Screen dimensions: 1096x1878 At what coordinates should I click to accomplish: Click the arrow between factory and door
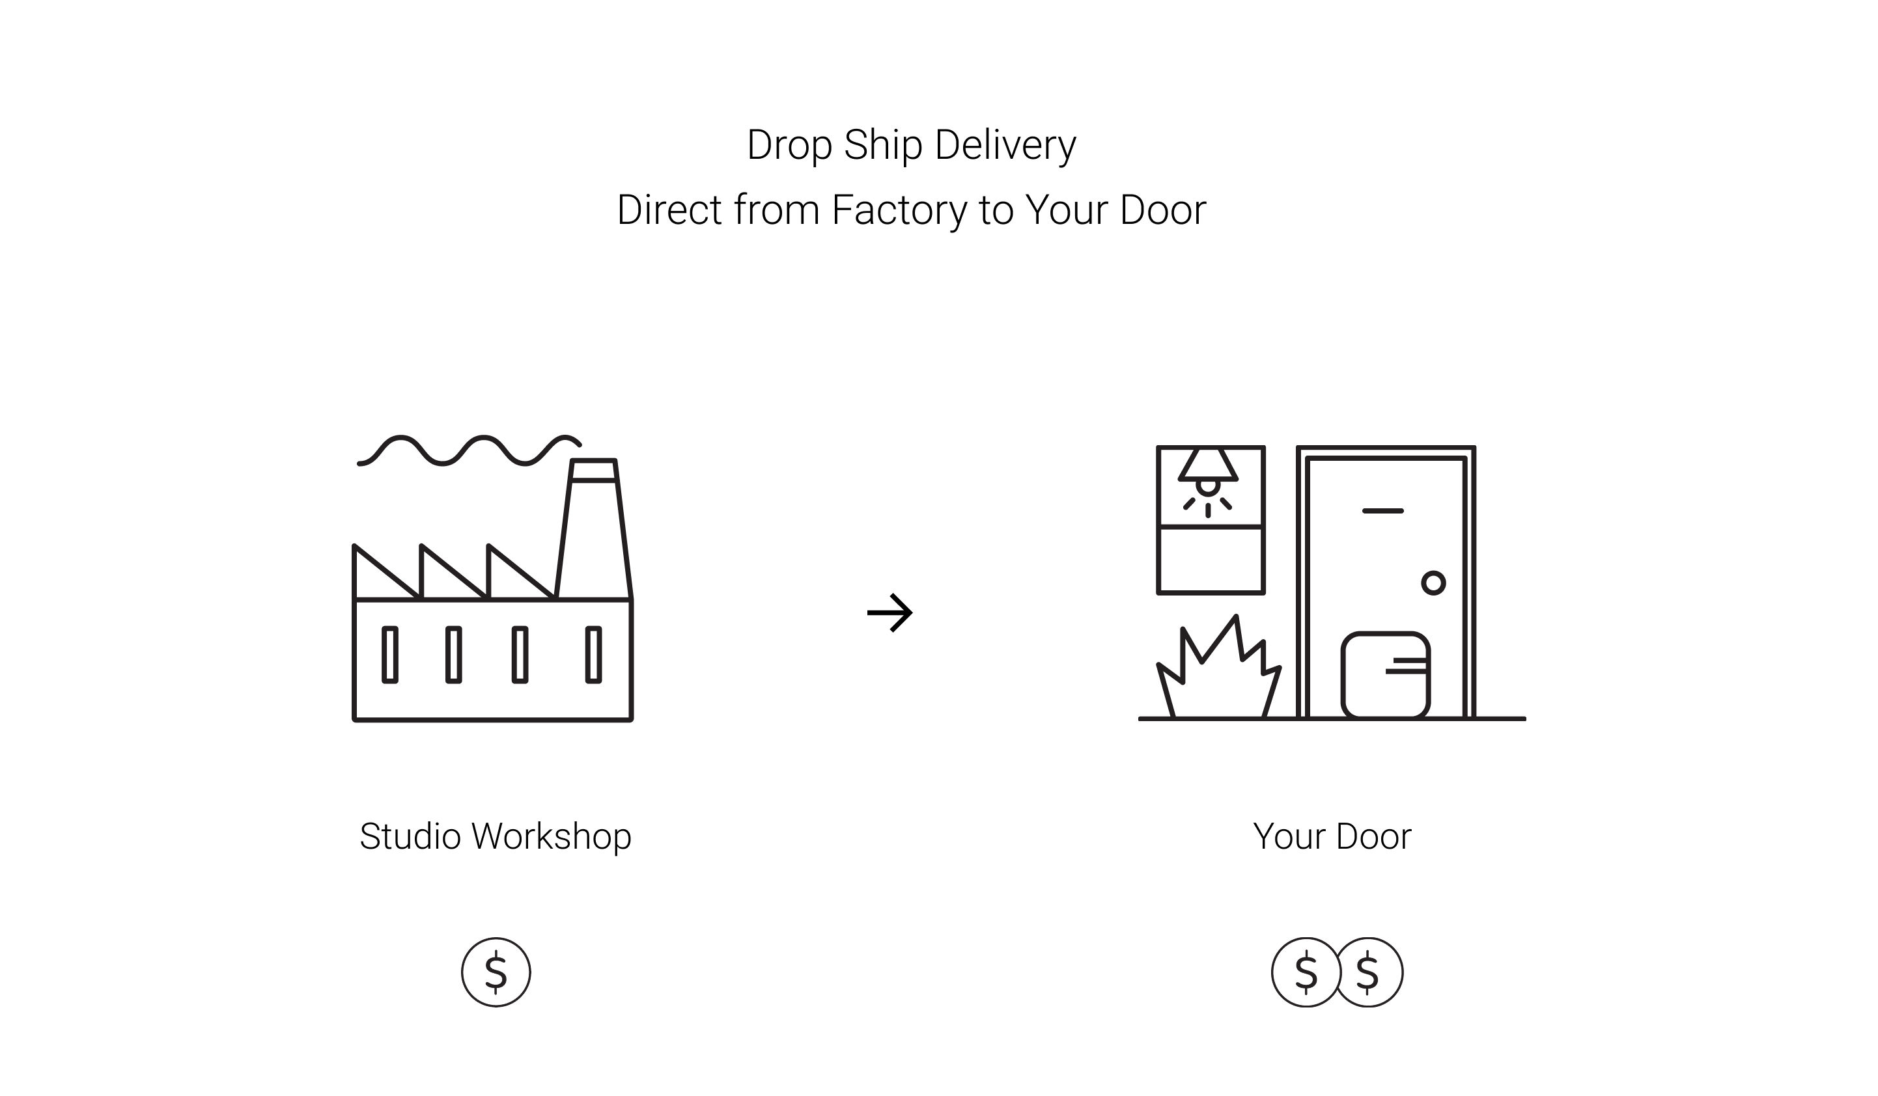(x=890, y=612)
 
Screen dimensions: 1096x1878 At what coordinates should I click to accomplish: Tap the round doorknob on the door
(x=1433, y=582)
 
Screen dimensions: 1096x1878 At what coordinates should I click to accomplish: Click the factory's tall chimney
(x=594, y=529)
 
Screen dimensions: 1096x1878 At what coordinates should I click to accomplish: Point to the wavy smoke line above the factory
(x=470, y=450)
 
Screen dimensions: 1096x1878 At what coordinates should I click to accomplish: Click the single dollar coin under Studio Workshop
(x=496, y=972)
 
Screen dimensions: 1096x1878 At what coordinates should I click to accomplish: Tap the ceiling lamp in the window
(x=1208, y=469)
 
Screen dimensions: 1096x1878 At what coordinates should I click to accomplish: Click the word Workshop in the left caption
(x=552, y=837)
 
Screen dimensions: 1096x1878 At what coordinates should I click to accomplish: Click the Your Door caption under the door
(x=1332, y=837)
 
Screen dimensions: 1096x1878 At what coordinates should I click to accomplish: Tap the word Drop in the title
(x=789, y=145)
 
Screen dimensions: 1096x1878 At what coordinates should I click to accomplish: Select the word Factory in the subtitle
(x=899, y=210)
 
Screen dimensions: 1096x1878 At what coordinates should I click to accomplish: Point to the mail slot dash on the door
(x=1382, y=511)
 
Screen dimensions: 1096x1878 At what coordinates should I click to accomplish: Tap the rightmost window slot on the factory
(x=593, y=655)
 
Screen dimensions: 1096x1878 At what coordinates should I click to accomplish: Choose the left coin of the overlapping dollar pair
(x=1305, y=972)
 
